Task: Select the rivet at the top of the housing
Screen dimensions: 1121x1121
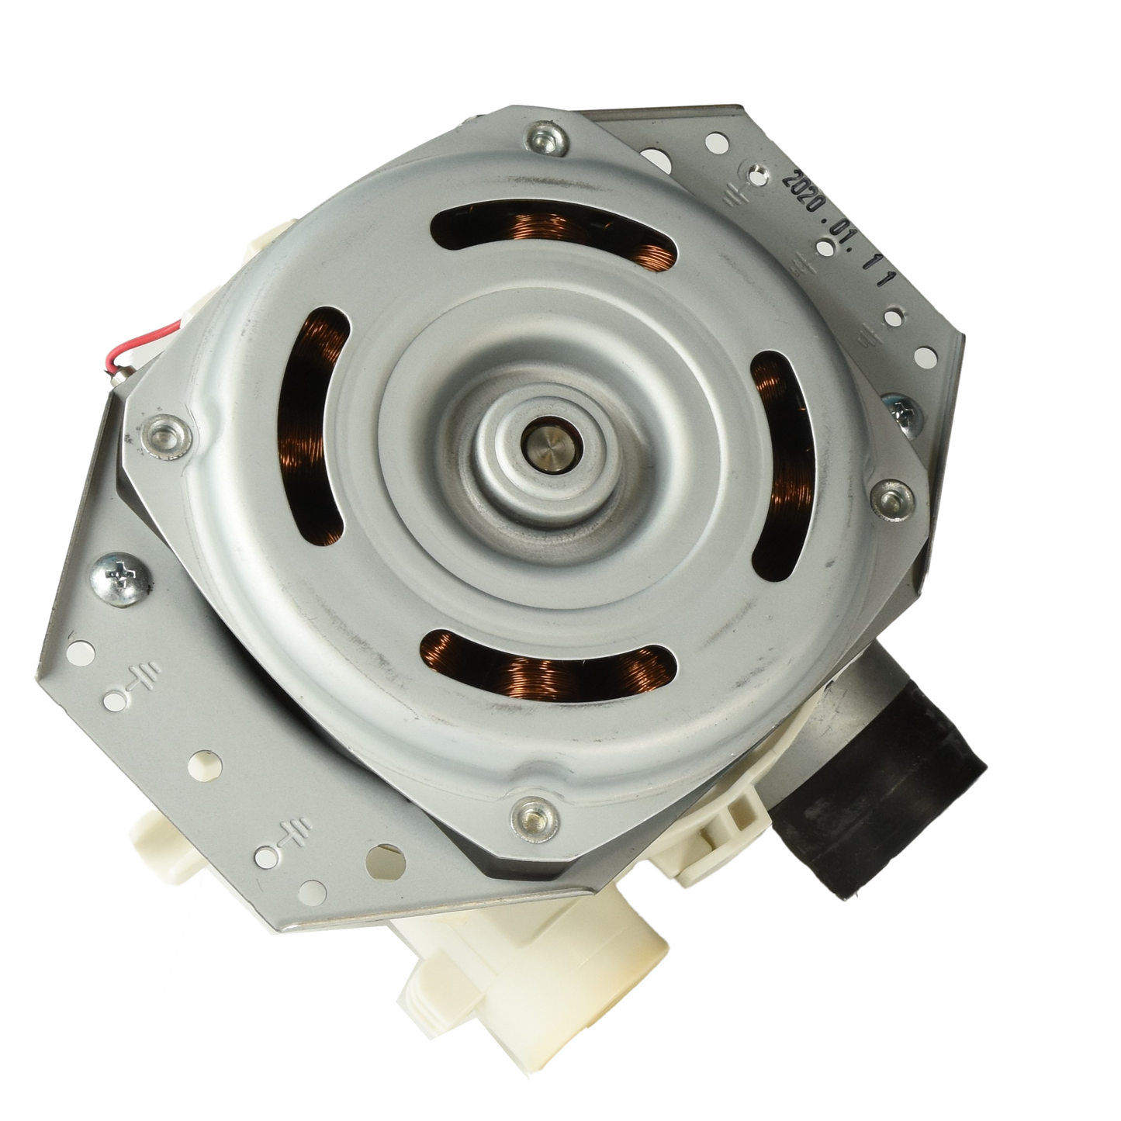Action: (545, 140)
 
